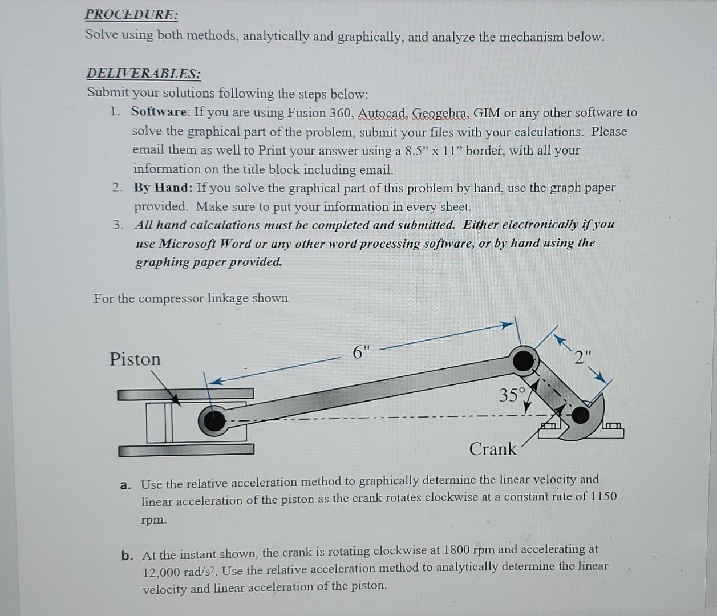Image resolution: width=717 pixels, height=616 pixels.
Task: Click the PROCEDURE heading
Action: pos(132,15)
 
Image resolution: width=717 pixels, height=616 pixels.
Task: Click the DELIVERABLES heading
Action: pos(143,74)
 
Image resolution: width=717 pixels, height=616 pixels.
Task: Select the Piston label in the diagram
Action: pos(135,359)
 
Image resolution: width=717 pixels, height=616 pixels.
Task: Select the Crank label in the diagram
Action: pos(492,449)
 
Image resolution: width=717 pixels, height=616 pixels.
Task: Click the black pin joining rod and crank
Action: pos(522,360)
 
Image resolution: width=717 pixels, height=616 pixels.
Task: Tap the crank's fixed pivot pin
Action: pos(580,415)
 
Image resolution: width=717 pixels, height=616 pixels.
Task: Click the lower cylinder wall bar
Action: pos(186,451)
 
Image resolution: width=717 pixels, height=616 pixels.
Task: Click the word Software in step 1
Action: pos(159,112)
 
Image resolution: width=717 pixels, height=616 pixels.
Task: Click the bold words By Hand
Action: pos(163,187)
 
